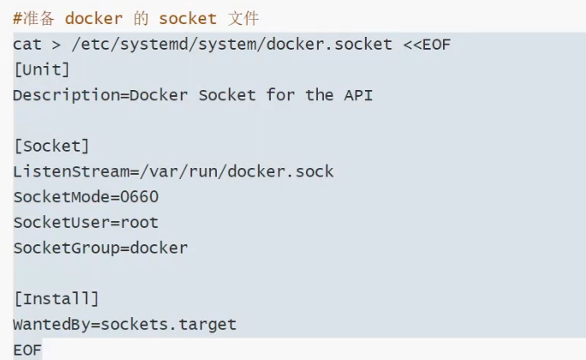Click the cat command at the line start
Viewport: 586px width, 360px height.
pos(27,44)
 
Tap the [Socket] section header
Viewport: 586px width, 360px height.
pos(51,146)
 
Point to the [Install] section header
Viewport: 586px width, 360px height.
pos(56,299)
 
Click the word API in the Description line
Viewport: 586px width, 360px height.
pos(357,95)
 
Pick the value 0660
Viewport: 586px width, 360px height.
pos(139,197)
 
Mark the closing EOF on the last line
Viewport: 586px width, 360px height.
pos(27,350)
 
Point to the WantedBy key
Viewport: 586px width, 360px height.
pos(51,325)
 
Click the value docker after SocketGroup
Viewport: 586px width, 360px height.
pos(158,249)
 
